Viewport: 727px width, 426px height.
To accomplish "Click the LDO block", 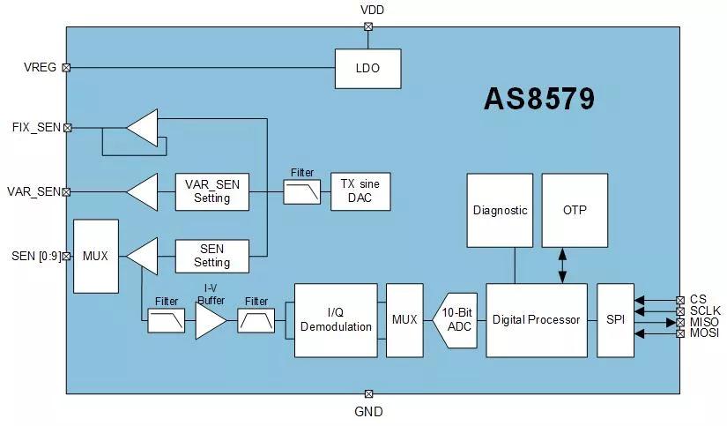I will coord(367,68).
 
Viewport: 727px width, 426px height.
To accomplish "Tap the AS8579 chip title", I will coord(538,98).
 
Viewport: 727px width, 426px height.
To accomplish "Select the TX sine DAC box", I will coord(360,191).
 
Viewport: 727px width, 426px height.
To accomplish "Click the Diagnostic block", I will coord(500,210).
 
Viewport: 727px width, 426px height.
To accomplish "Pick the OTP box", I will coord(574,210).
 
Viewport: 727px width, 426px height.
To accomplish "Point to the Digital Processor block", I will coord(536,319).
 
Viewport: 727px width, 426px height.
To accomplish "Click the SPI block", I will coord(615,319).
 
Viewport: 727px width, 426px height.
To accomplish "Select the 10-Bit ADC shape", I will coord(457,319).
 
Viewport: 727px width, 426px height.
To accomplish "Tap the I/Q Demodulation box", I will coord(336,319).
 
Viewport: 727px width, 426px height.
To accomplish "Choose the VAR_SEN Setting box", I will coord(211,191).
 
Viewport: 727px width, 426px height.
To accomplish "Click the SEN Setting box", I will coord(211,256).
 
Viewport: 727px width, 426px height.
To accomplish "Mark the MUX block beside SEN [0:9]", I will coord(95,256).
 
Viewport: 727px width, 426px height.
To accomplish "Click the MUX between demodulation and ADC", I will coord(404,319).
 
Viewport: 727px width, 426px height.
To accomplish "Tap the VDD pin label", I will coord(372,10).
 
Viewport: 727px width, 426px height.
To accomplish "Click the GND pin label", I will coord(368,411).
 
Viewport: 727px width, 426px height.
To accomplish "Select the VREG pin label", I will coord(41,67).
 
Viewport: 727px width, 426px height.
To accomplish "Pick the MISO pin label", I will coord(704,322).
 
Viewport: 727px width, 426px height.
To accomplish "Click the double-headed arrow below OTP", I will coord(562,265).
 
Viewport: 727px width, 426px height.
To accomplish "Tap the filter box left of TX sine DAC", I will coord(302,191).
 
